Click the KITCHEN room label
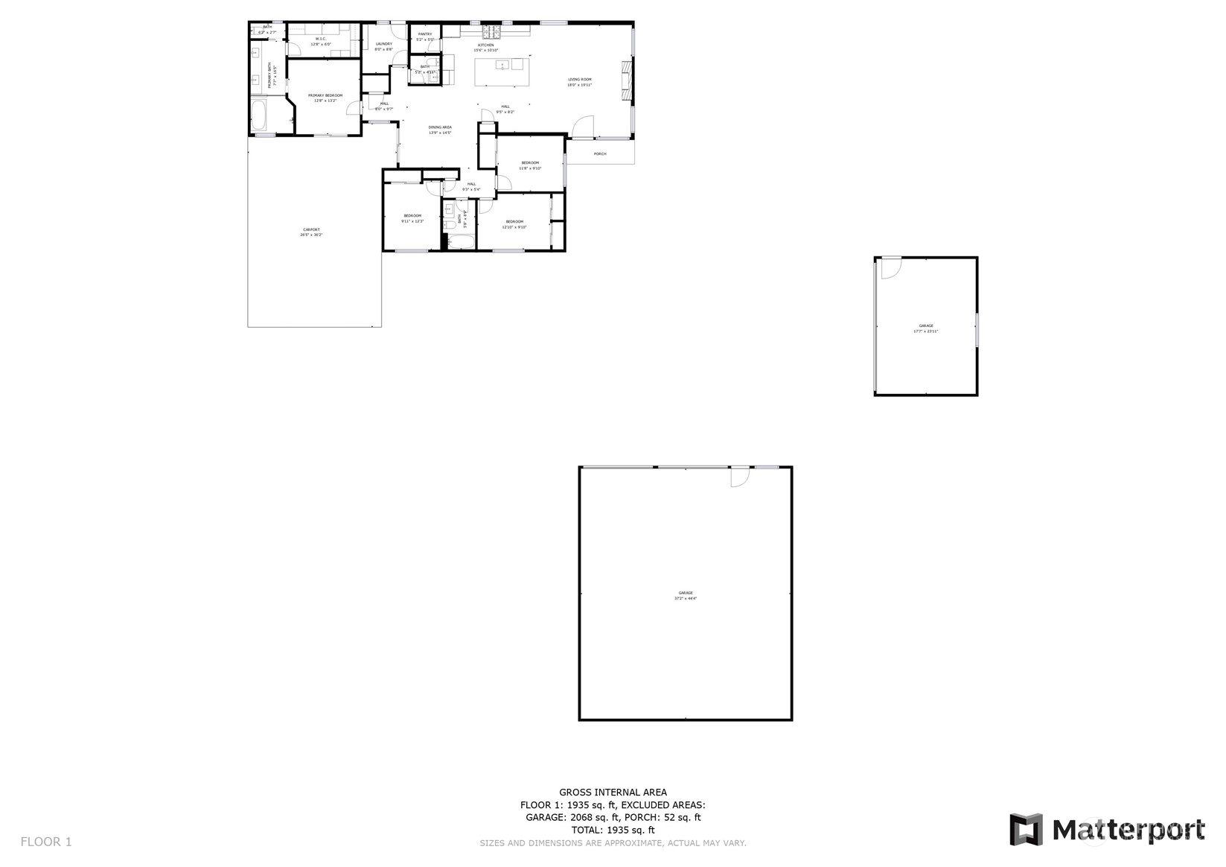485,45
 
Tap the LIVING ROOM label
579,80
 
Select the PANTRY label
425,34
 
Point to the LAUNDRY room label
383,44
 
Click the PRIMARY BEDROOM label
325,95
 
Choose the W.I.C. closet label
322,39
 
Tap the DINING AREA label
440,127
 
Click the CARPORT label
311,229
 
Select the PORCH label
600,154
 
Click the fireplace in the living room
627,79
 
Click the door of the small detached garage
890,267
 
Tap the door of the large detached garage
738,476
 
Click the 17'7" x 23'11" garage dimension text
925,331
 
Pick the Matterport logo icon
1026,830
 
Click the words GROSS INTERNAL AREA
613,793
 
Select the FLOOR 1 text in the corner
46,842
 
